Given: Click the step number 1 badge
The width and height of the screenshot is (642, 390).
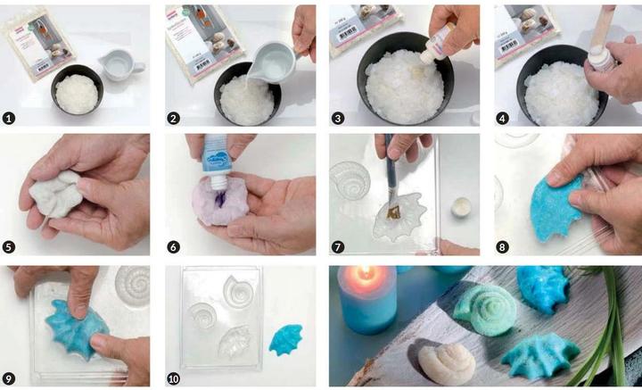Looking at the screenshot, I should [x=11, y=116].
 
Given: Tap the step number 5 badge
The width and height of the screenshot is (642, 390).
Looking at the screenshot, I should [x=11, y=245].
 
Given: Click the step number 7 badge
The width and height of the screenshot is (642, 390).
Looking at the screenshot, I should [x=340, y=245].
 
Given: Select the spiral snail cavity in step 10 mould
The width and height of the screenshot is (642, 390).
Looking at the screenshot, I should [x=239, y=290].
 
